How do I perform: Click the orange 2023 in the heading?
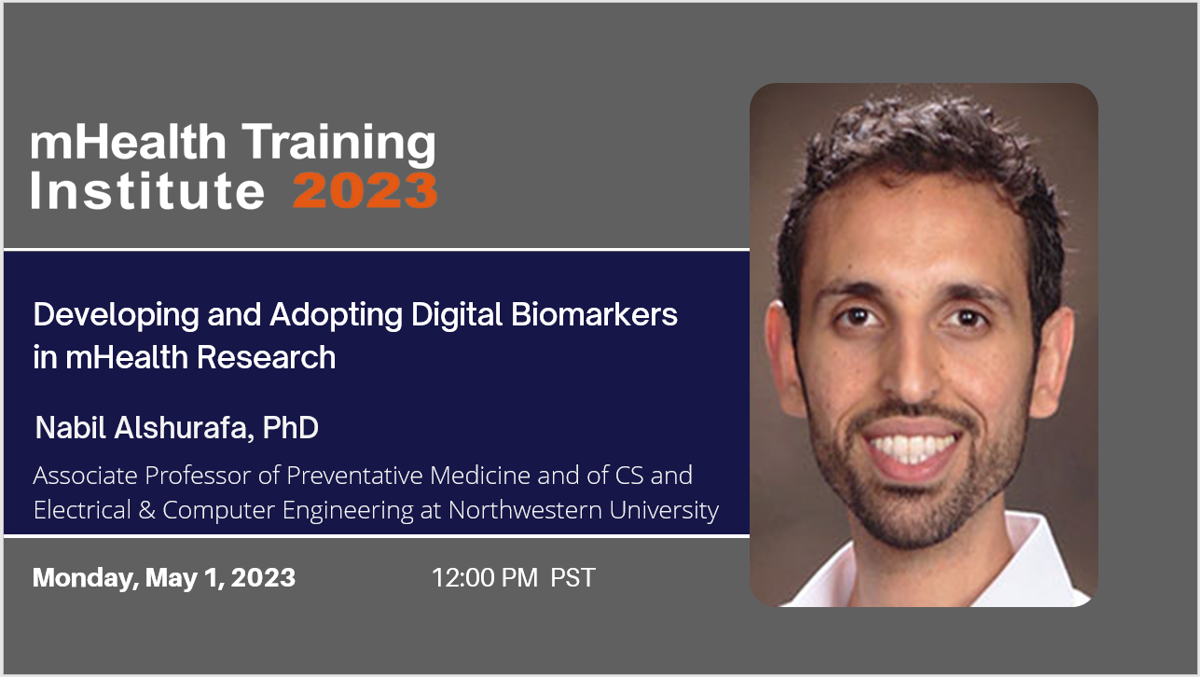point(366,190)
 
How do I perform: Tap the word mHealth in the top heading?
point(129,142)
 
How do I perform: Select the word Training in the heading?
point(339,144)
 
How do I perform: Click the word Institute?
point(147,190)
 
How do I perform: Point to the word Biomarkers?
point(594,314)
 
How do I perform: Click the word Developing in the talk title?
point(117,316)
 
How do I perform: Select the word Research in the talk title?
point(267,357)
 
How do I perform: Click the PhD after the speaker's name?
point(290,428)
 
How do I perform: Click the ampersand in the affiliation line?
point(146,510)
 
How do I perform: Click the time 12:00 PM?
point(484,578)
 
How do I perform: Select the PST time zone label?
point(572,578)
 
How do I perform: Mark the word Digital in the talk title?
point(457,316)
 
